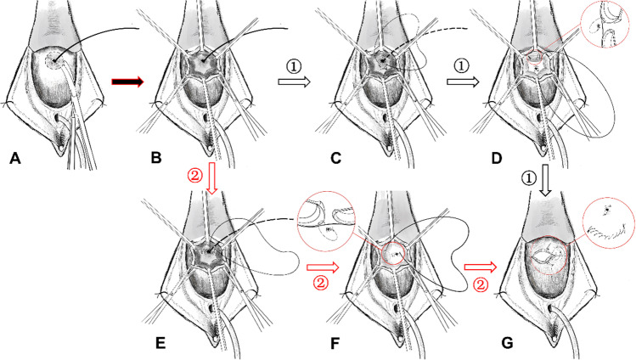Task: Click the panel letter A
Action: click(14, 158)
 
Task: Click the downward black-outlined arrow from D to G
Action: click(548, 179)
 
